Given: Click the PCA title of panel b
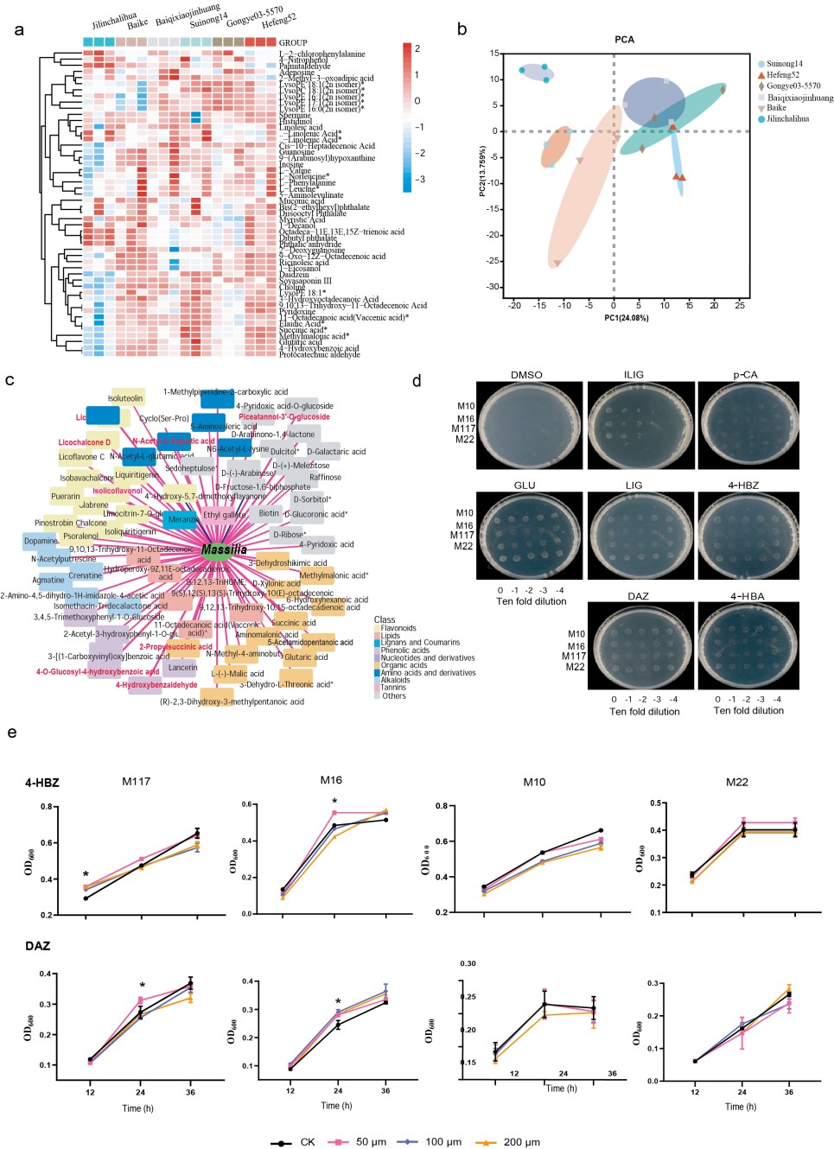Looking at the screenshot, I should click(x=624, y=40).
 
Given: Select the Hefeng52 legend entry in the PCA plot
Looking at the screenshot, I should click(x=782, y=75).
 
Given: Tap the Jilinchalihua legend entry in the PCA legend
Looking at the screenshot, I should click(x=787, y=119).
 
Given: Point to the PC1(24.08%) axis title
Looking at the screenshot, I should click(x=626, y=318).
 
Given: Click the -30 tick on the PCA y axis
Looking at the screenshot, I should click(x=493, y=287).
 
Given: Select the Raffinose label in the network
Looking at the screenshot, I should click(x=325, y=477).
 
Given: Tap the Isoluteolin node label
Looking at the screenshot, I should click(x=125, y=398).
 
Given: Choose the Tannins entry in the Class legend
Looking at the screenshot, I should click(x=393, y=688).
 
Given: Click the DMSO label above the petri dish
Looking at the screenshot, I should click(x=526, y=375).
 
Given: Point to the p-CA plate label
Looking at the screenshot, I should click(x=745, y=375).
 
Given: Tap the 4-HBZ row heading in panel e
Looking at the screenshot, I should click(x=41, y=783).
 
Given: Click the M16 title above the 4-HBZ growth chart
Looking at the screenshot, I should click(x=331, y=780).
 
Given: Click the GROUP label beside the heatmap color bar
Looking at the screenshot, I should click(x=293, y=42).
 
